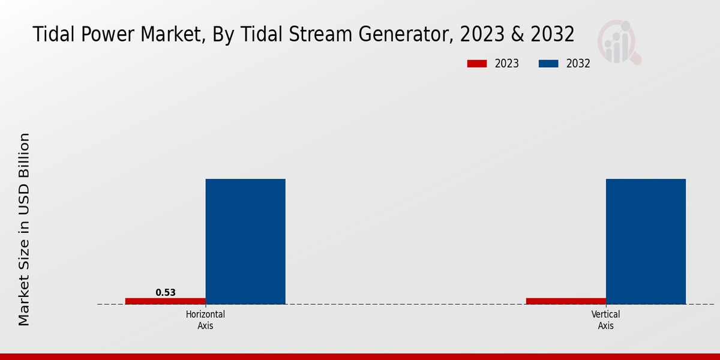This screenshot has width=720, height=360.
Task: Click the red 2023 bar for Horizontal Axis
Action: (x=165, y=301)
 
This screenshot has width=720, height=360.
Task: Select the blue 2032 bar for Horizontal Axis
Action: (x=245, y=241)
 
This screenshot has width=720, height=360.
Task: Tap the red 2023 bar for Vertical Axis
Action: (x=566, y=301)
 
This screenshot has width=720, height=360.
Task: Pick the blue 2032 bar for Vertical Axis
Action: (x=646, y=241)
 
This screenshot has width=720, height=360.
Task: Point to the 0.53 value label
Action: (x=166, y=293)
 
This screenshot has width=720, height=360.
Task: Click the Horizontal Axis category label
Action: (x=205, y=320)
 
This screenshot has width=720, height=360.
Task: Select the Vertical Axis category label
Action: (x=605, y=320)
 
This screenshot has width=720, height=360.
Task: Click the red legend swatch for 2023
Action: (x=476, y=64)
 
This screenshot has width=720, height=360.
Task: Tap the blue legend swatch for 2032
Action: (x=548, y=64)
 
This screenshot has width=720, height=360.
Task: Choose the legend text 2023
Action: (x=507, y=64)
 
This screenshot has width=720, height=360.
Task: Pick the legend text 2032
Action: (x=578, y=64)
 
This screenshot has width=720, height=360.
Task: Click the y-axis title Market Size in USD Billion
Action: (x=24, y=229)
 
